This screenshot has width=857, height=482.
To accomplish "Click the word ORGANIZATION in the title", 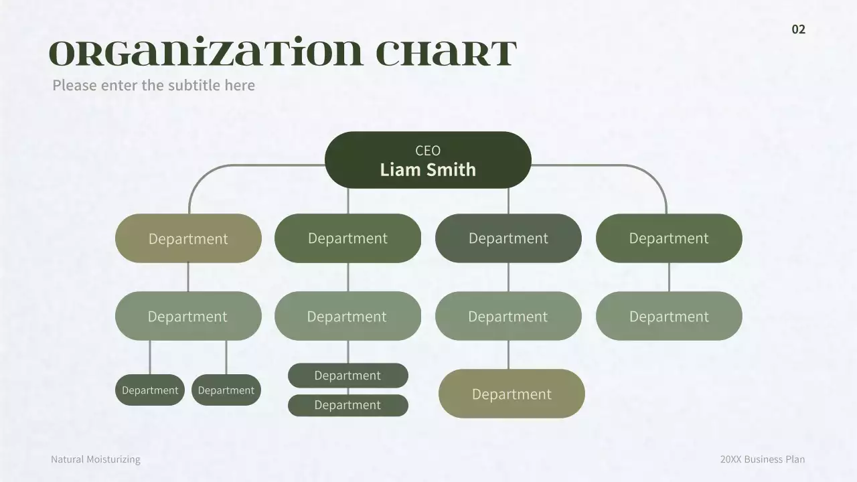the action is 206,52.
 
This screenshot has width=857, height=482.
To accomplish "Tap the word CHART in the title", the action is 446,53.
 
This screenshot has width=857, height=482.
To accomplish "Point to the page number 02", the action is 799,29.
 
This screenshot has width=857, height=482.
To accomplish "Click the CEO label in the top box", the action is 428,151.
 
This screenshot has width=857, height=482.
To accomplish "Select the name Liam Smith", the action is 428,169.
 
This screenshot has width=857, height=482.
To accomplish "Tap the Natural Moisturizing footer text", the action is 96,459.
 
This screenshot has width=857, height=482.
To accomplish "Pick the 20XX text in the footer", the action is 730,459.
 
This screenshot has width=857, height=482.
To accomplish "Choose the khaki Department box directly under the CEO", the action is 188,238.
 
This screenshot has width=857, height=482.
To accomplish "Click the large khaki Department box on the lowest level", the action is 512,394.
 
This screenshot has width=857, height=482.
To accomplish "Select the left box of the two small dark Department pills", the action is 149,390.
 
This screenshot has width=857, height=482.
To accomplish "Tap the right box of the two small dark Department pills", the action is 226,390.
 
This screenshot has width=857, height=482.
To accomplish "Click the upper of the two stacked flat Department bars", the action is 347,376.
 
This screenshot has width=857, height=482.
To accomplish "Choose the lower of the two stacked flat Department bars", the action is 347,405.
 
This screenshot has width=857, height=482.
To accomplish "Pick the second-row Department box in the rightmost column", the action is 669,316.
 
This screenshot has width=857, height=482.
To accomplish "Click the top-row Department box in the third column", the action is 508,238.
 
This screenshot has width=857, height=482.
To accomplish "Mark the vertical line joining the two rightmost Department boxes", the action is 669,277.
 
